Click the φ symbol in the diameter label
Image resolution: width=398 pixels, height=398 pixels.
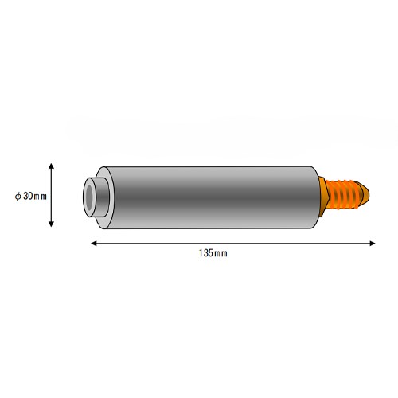[x=18, y=197]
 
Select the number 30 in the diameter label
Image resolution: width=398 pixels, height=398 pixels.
[x=28, y=196]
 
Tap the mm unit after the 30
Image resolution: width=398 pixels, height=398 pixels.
[x=41, y=197]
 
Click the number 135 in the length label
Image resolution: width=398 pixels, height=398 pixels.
[x=206, y=253]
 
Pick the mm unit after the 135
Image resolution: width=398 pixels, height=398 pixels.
[x=220, y=254]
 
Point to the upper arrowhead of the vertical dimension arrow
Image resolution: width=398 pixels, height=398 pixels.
[x=51, y=166]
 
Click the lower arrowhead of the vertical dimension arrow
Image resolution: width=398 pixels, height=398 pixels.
[x=51, y=224]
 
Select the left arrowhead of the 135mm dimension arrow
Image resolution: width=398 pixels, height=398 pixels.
[x=94, y=243]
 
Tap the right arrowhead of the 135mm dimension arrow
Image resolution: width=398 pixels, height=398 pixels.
[x=373, y=243]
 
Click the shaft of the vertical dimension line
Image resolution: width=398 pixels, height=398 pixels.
[x=51, y=195]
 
